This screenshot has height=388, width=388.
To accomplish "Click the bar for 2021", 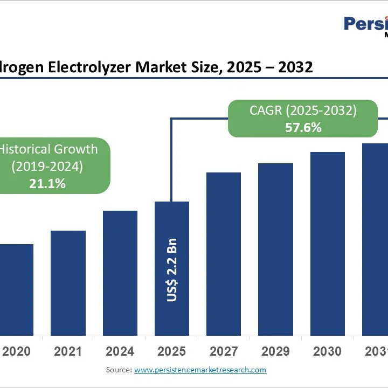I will (68, 283).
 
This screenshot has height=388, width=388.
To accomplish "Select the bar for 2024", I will (120, 273).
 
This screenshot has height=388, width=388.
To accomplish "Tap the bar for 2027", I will (224, 254).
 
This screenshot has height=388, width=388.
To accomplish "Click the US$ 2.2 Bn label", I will (172, 269).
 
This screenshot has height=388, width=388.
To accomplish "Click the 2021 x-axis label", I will (68, 351).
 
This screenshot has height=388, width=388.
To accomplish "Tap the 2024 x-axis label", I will (120, 351).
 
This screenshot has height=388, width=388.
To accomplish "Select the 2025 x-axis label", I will (172, 351).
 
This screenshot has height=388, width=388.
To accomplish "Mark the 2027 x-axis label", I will (224, 351).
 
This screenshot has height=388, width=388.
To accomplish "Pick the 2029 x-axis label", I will (275, 351).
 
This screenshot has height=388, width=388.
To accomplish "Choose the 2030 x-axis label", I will (327, 351).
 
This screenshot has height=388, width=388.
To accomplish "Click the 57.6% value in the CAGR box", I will (303, 128).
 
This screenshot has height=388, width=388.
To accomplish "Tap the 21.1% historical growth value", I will (47, 183).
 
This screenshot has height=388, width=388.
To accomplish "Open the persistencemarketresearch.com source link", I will (200, 370).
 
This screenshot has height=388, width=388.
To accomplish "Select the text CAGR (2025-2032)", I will (303, 111).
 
